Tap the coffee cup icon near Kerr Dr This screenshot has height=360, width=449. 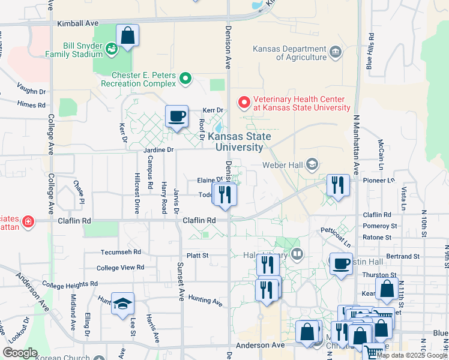tap(176, 116)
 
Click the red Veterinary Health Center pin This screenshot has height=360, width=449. tap(244, 103)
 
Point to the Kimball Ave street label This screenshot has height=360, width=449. tap(77, 23)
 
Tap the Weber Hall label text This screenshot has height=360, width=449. tap(283, 164)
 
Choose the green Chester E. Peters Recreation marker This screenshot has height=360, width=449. tap(185, 79)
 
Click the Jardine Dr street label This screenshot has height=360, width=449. tap(158, 149)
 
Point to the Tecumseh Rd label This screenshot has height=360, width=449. tap(121, 252)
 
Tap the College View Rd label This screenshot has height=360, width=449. tap(121, 268)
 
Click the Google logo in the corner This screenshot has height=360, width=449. tap(20, 352)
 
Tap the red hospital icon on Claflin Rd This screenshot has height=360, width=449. tap(27, 223)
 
